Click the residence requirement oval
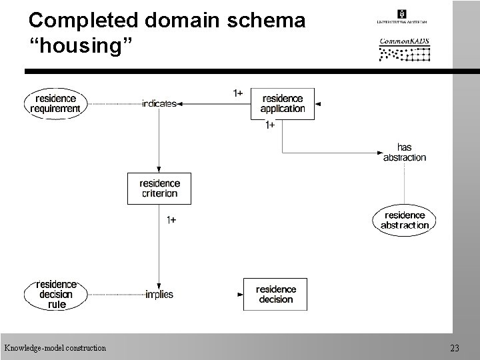pos(56,103)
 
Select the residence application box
pos(282,103)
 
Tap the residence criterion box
pos(159,188)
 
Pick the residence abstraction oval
pos(404,220)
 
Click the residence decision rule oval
pos(56,294)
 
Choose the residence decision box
pos(275,294)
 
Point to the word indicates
pos(159,103)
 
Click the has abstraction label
pos(404,152)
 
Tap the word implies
pos(159,294)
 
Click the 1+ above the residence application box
pos(237,93)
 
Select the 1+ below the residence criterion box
pos(171,219)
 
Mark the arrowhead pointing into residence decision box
pos(240,294)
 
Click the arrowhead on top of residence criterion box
pos(159,169)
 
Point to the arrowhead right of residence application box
pos(318,104)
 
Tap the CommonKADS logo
pos(405,49)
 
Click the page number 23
pos(455,347)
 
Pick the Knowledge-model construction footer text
pos(55,347)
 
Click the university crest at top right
pos(401,13)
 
